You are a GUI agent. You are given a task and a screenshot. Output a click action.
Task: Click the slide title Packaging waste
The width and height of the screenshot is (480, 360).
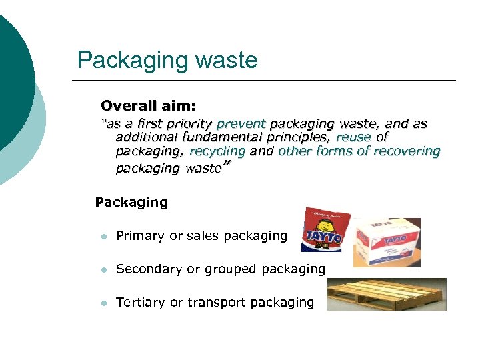coord(167,61)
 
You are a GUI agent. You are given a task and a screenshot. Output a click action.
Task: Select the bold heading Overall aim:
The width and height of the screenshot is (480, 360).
coord(148,106)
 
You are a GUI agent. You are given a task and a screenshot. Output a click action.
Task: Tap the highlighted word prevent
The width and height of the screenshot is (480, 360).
coord(241,124)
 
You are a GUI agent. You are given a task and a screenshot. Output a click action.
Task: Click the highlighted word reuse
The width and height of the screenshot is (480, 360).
coord(353,137)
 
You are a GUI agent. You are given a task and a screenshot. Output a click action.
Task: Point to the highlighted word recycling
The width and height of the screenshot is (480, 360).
coord(217,151)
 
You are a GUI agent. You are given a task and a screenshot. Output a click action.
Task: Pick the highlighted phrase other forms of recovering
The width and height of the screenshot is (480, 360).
coord(359,151)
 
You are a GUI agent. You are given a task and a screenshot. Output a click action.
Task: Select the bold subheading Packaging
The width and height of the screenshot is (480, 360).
coord(131,202)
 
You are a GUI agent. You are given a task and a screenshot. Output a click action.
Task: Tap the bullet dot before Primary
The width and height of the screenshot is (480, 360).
coord(102,236)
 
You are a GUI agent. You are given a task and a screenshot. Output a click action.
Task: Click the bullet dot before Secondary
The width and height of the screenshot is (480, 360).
coord(102,270)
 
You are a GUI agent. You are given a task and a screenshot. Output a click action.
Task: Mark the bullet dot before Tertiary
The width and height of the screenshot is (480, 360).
coord(102,303)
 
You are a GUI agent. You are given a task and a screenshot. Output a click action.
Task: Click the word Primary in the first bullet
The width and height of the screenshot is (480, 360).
coord(140,235)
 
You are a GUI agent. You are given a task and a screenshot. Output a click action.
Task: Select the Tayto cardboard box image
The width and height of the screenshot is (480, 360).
coord(387,241)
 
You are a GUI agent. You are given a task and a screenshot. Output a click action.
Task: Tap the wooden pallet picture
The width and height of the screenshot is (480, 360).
coord(387,294)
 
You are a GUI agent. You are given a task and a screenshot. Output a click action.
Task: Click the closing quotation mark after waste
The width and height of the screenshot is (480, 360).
coord(225,165)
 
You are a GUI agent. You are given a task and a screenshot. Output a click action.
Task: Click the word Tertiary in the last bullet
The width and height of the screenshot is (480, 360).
coord(140,303)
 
